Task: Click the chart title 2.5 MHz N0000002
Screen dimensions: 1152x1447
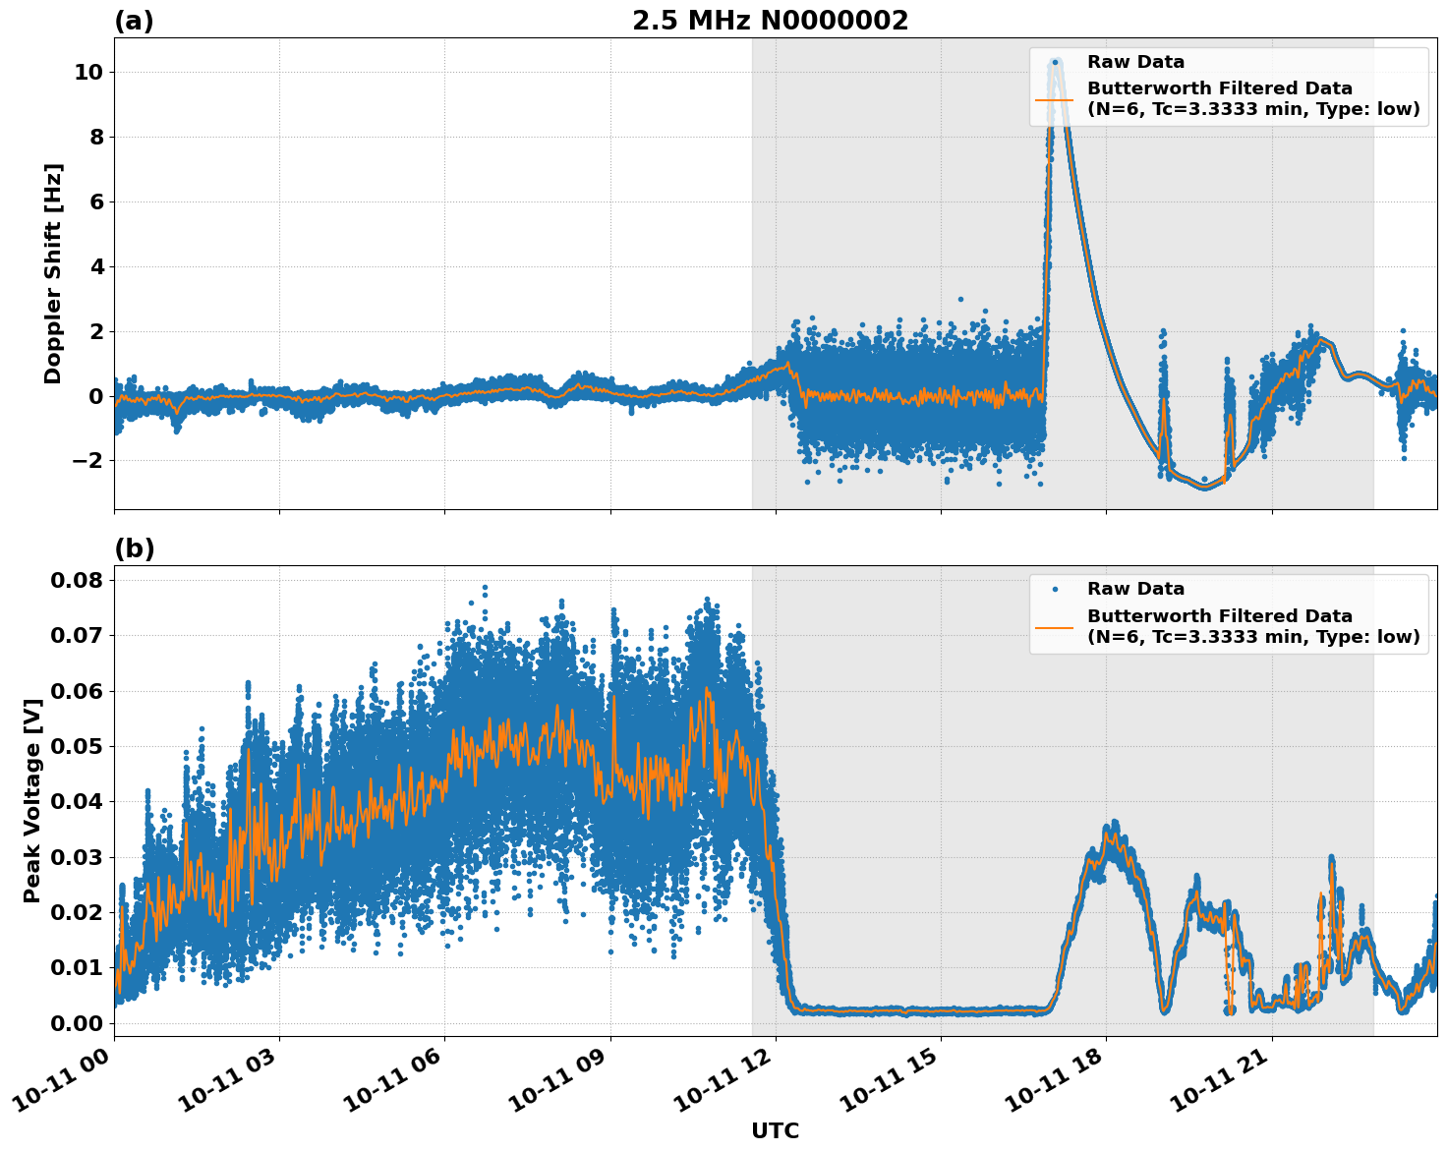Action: [770, 21]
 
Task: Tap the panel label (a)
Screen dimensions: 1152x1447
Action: [134, 21]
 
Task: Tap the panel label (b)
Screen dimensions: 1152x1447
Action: [134, 548]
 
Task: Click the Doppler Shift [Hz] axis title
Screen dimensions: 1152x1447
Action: [53, 273]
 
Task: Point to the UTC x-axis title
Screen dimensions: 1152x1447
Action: [775, 1130]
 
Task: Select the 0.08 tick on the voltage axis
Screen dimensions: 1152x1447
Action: [76, 580]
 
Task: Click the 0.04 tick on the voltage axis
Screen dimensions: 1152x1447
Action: [76, 802]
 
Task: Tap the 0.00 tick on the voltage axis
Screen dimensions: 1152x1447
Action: [76, 1023]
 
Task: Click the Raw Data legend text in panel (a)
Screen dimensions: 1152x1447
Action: [1135, 62]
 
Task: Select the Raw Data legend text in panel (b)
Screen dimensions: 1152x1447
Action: [1135, 589]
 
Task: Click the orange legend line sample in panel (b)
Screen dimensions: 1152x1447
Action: [1055, 626]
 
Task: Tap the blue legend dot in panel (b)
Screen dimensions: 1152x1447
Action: [1055, 589]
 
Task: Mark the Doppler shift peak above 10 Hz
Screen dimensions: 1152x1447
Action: [1056, 62]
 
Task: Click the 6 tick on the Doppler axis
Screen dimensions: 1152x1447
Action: [96, 202]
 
